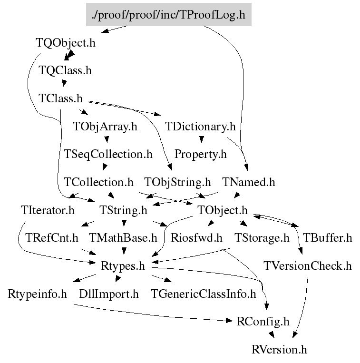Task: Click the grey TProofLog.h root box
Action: coord(169,15)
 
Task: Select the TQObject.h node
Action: coord(66,43)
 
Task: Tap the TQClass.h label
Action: coord(65,70)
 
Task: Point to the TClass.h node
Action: coord(60,98)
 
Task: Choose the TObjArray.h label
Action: coord(105,127)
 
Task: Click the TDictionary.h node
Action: coord(200,127)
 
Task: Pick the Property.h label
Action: coord(200,155)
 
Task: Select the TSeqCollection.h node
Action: coord(108,155)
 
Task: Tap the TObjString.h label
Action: coord(177,182)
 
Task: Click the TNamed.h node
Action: coord(249,182)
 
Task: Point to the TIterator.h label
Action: coord(48,210)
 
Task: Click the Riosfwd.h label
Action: coord(196,238)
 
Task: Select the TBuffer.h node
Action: coord(327,238)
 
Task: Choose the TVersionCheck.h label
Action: coord(308,266)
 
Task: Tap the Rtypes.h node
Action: coord(123,266)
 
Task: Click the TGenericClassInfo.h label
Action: coord(204,294)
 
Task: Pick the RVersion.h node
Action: coord(279,350)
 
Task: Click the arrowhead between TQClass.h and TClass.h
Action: coord(64,83)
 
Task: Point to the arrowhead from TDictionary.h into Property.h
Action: coord(201,139)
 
